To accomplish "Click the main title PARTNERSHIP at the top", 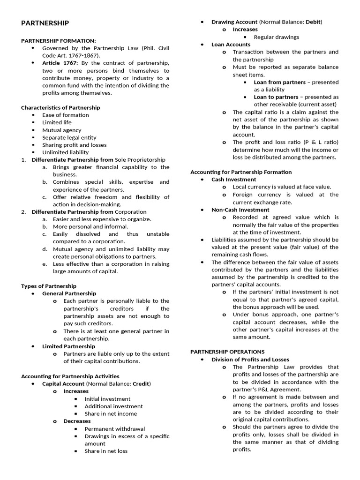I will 45,23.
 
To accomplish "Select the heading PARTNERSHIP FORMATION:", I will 58,41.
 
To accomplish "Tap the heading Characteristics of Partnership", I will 60,107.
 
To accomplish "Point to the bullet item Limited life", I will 57,122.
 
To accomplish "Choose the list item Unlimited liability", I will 65,152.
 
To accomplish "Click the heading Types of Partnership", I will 49,286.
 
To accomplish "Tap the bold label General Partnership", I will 69,293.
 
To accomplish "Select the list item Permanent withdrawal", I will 114,428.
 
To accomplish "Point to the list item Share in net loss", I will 106,451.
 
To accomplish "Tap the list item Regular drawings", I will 276,37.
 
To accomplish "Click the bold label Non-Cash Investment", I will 240,210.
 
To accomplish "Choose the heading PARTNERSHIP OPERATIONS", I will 227,352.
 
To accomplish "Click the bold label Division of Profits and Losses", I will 250,360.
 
